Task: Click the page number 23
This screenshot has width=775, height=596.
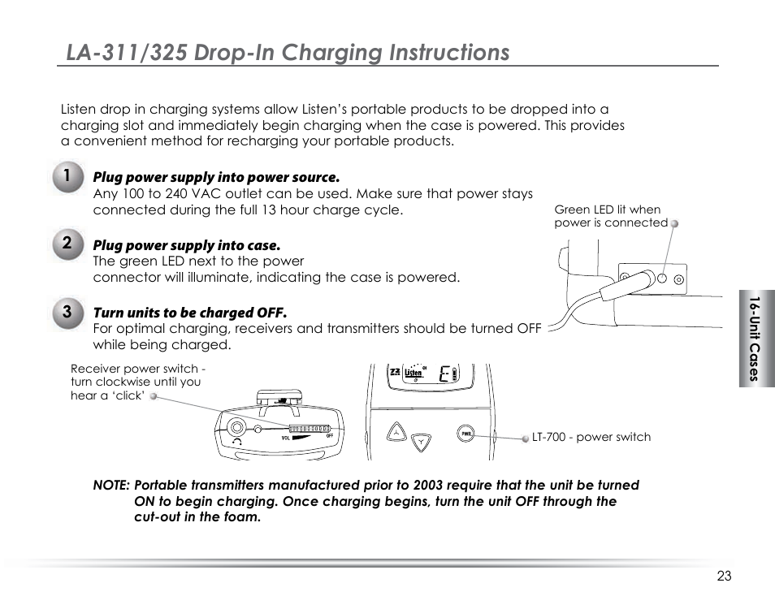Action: [x=724, y=576]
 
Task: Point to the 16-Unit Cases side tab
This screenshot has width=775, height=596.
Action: [x=756, y=339]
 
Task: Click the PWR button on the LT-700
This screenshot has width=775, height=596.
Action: [x=465, y=434]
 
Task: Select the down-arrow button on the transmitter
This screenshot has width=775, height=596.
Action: [x=422, y=443]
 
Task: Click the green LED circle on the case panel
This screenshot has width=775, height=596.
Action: [x=663, y=279]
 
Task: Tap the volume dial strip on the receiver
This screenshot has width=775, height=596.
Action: [x=309, y=428]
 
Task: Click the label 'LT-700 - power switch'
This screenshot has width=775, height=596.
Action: [x=591, y=437]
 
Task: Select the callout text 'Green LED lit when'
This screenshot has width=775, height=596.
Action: [x=608, y=209]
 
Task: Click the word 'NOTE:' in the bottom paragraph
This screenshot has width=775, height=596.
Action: [x=111, y=486]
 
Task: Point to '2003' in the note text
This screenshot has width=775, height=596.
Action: [x=430, y=486]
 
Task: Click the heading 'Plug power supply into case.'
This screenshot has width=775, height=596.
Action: [x=187, y=245]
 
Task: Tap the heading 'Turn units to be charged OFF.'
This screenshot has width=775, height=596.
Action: [x=190, y=313]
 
